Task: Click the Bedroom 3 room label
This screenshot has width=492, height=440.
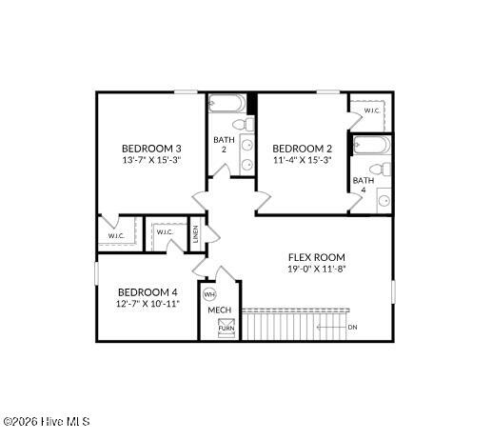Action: point(151,149)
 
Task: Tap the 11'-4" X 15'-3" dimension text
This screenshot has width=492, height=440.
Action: point(303,160)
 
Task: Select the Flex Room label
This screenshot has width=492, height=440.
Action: point(317,257)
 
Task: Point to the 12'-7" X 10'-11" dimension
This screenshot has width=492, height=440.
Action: point(148,304)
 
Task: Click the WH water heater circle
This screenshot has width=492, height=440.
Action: point(209,295)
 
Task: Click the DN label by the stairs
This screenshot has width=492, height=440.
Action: point(352,327)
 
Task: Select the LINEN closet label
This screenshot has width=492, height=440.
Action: point(196,234)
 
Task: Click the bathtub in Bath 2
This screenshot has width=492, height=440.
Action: point(226,103)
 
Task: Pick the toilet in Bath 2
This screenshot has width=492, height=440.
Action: point(244,124)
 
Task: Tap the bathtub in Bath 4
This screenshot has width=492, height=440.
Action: point(372,145)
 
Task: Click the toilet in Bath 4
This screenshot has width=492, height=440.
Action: point(381,169)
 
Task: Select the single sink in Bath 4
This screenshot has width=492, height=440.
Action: point(384,201)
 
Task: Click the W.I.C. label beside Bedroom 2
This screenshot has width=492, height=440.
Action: point(372,110)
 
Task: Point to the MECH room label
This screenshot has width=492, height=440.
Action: point(220,310)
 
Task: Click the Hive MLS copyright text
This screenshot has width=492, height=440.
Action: point(47,421)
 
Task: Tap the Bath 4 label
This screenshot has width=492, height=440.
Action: point(364,185)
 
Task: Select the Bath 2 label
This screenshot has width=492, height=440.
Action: point(224,145)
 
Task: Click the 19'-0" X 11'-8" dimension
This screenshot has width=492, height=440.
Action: point(317,269)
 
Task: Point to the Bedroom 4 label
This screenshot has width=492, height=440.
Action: point(148,292)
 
